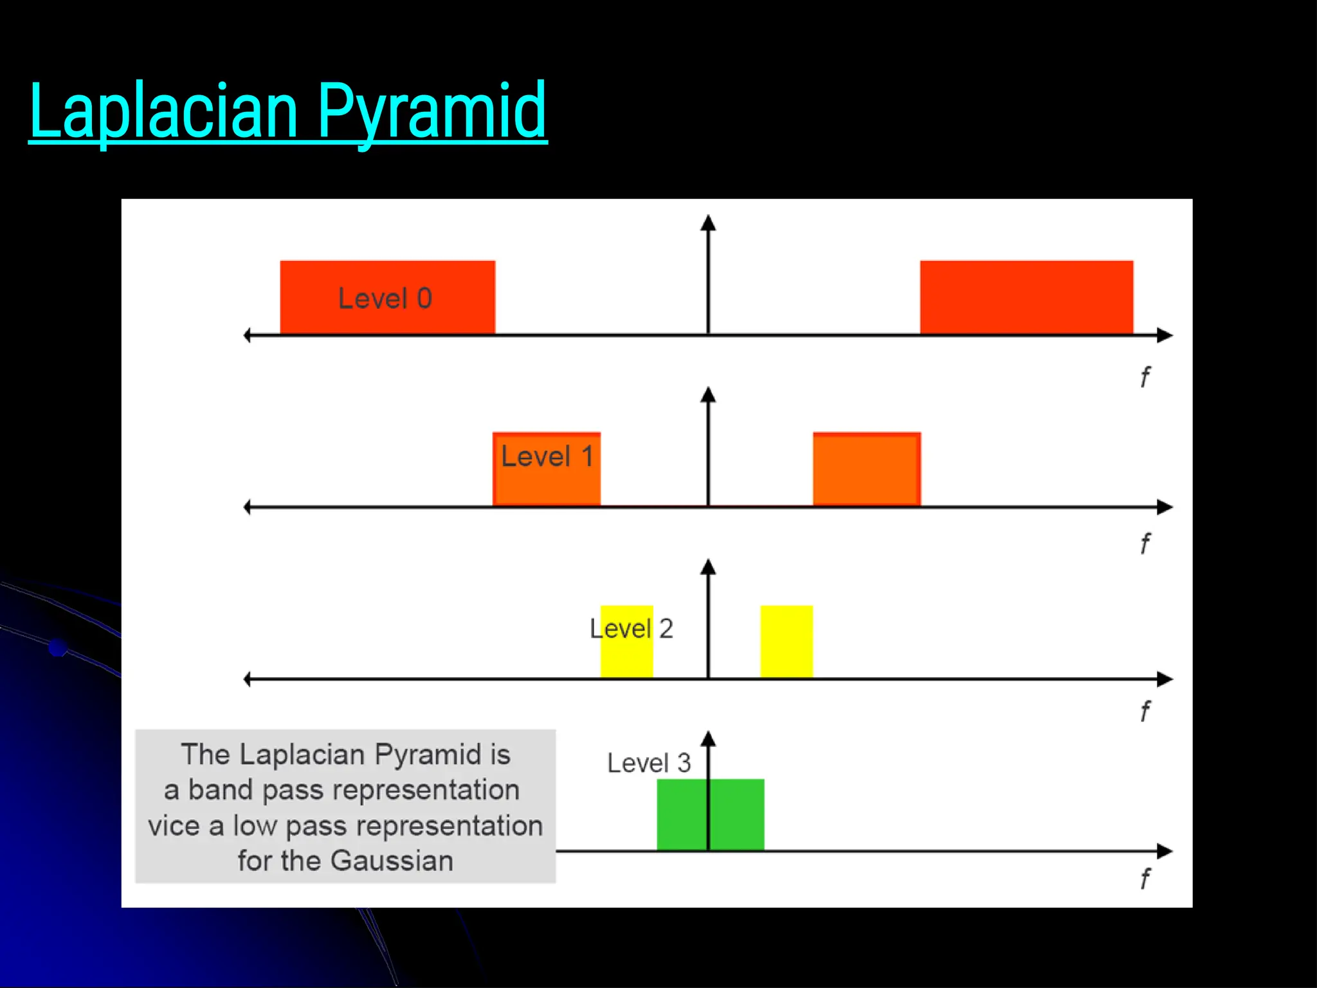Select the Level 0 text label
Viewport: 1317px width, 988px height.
(385, 298)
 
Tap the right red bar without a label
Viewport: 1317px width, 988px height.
(1026, 297)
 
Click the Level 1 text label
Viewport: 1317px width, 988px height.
(547, 457)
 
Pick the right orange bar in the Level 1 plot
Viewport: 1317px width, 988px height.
(866, 469)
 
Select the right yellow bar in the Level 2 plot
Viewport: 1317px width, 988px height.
(786, 641)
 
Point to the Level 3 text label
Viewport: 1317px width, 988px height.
(648, 764)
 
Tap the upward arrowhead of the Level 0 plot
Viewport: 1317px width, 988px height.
(708, 223)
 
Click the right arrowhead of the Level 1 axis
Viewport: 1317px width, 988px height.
(1165, 507)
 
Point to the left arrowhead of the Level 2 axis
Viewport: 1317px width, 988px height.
(248, 679)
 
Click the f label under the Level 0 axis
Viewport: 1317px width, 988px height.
(1145, 377)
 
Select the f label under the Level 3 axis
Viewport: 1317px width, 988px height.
(1145, 879)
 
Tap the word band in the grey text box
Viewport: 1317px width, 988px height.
(219, 790)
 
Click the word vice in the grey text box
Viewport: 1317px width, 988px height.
(174, 826)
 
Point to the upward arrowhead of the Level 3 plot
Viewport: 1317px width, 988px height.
(708, 739)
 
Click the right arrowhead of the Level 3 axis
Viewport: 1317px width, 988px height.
(1165, 851)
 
